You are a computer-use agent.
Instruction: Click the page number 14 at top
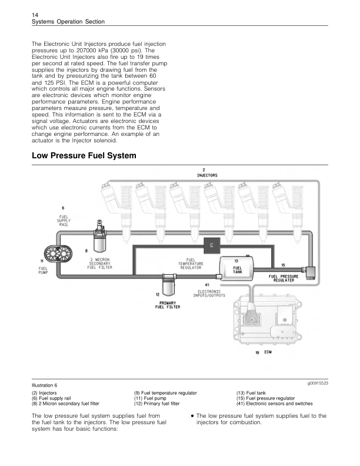(35, 15)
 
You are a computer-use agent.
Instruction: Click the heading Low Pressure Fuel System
(84, 155)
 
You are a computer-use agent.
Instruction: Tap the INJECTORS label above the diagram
(207, 175)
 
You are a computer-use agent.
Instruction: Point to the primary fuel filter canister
(169, 284)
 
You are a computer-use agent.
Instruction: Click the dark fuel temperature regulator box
(212, 245)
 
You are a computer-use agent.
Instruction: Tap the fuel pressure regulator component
(309, 271)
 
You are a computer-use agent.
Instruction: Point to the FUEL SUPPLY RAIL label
(64, 221)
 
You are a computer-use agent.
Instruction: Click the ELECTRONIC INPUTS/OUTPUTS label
(209, 294)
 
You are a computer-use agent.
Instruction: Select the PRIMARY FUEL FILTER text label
(168, 305)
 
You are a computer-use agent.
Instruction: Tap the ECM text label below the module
(268, 352)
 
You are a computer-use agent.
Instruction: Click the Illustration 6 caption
(45, 385)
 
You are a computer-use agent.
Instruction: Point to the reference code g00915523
(318, 384)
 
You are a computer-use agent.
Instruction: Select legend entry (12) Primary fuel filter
(157, 404)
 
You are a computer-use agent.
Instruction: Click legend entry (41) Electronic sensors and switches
(275, 404)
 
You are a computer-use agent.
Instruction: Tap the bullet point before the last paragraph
(192, 416)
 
